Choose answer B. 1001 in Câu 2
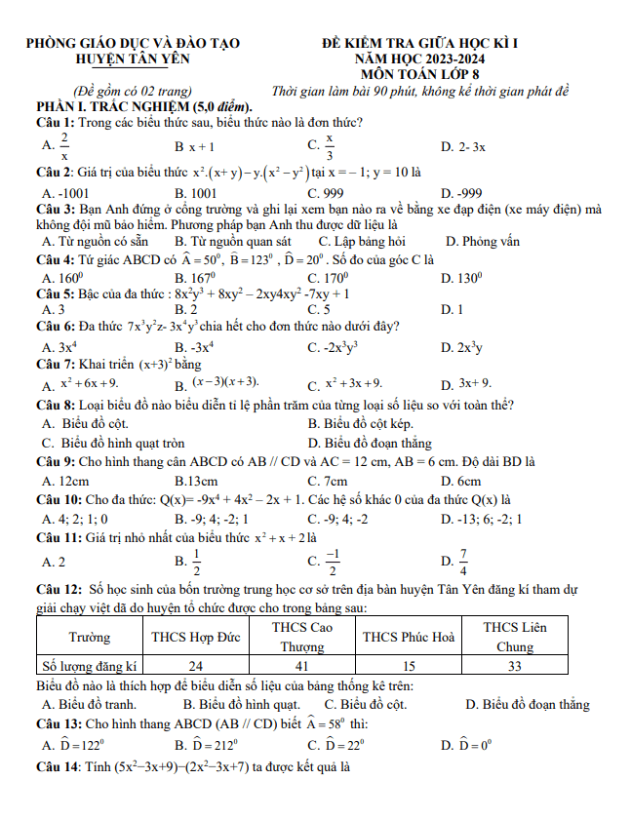pos(195,193)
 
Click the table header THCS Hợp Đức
pos(196,637)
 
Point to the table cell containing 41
pos(302,666)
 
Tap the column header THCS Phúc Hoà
pos(409,637)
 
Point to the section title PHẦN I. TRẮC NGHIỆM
pos(144,105)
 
